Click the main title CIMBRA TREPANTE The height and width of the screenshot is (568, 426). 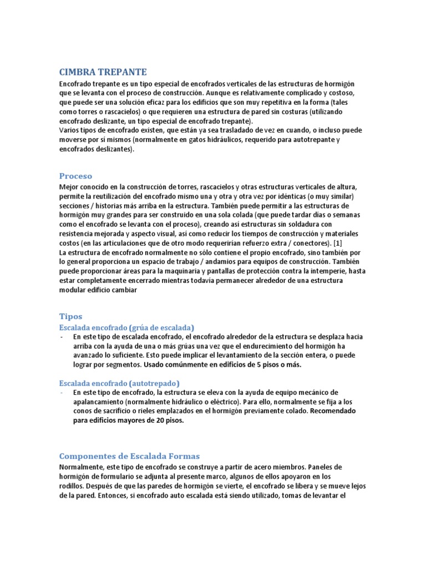[103, 72]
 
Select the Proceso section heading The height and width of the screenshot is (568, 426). [75, 176]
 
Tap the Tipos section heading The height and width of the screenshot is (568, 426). [70, 316]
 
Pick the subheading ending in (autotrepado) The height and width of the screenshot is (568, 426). [119, 383]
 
